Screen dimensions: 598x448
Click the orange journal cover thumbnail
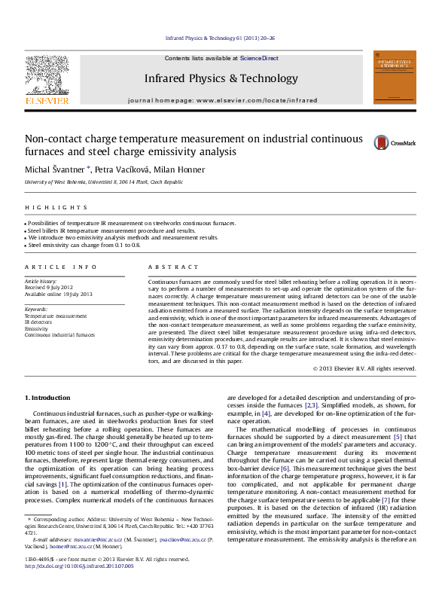point(394,78)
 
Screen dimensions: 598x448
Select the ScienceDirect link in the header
point(259,58)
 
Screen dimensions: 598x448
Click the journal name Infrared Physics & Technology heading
point(221,78)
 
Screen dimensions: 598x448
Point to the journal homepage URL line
point(223,99)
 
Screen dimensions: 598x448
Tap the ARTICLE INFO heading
point(60,267)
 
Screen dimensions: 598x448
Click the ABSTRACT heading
point(173,267)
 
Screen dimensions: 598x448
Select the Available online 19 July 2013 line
point(59,294)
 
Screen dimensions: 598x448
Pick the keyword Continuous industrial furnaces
point(60,334)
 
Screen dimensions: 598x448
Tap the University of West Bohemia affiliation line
point(104,182)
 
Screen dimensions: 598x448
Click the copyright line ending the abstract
point(364,368)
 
